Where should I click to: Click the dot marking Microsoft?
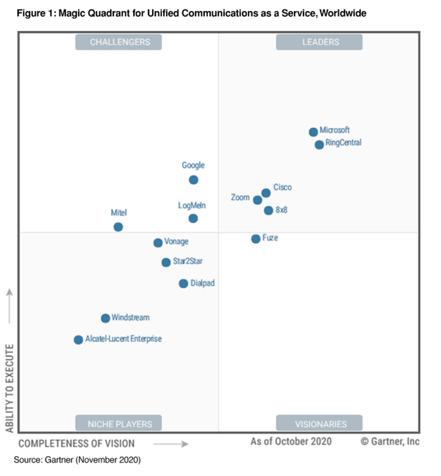[313, 132]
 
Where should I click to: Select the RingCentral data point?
[319, 145]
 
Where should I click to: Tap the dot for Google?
[193, 180]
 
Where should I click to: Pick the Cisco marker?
[266, 193]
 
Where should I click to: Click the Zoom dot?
[257, 200]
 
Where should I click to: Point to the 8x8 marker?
[268, 210]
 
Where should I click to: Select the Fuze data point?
[256, 238]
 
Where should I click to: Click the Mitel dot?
[118, 227]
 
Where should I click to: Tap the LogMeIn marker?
[193, 219]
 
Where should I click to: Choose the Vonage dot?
[157, 243]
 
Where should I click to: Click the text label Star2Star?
[187, 262]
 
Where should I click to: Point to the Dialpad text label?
[202, 283]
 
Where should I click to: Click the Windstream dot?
[105, 319]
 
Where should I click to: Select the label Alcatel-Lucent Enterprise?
[123, 339]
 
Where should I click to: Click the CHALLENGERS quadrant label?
[118, 42]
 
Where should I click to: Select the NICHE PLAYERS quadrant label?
[118, 423]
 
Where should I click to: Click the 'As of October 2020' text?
[290, 441]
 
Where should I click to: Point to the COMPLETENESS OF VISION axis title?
[76, 443]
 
